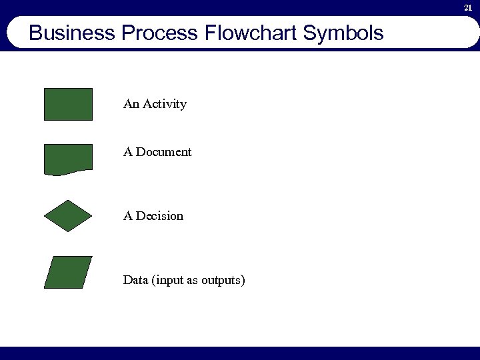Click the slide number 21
coord(468,7)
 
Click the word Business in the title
coord(73,33)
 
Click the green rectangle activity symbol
coord(68,104)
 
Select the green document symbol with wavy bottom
coord(68,159)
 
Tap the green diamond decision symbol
coord(68,215)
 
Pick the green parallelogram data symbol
coord(68,272)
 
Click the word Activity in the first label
coord(164,105)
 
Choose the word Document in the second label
coord(164,152)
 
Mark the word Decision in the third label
coord(159,216)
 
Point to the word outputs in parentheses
coord(223,280)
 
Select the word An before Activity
coord(131,104)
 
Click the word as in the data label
coord(192,281)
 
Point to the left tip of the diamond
coord(45,215)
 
